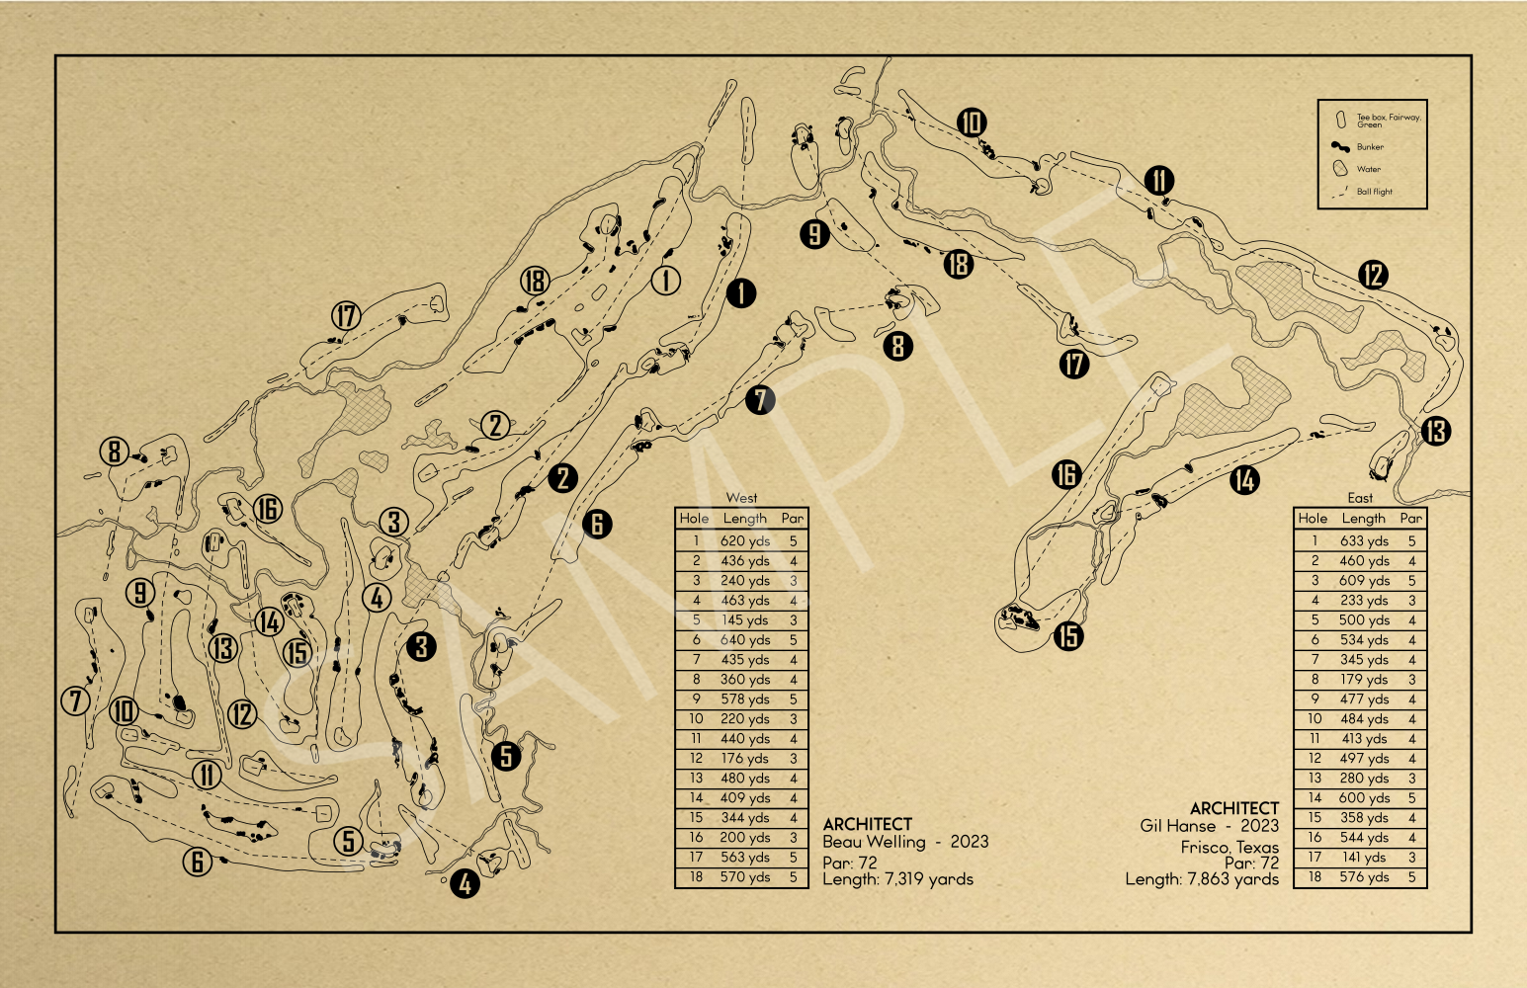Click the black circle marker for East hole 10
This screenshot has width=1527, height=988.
pos(972,123)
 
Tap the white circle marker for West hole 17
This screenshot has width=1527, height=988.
pos(346,316)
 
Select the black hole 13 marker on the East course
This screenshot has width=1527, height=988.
pos(1436,432)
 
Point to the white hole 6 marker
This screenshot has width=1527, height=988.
pos(198,862)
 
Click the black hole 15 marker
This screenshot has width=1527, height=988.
pos(1068,636)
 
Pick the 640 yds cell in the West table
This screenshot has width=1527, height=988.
pos(745,640)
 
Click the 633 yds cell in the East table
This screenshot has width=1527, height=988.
pos(1364,541)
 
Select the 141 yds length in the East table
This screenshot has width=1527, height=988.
pos(1364,858)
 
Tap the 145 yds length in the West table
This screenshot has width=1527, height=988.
pos(745,620)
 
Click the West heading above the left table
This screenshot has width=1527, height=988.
pos(741,498)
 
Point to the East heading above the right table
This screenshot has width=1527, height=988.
pos(1360,498)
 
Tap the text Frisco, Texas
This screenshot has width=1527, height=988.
pos(1230,848)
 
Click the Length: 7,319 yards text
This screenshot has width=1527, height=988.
pos(897,879)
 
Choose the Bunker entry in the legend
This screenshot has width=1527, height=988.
pos(1370,146)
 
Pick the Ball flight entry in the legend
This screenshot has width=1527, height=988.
pos(1374,192)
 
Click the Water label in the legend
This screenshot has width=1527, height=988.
pos(1369,169)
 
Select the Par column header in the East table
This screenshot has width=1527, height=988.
pos(1411,519)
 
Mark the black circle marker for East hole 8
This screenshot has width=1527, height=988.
pos(897,346)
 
